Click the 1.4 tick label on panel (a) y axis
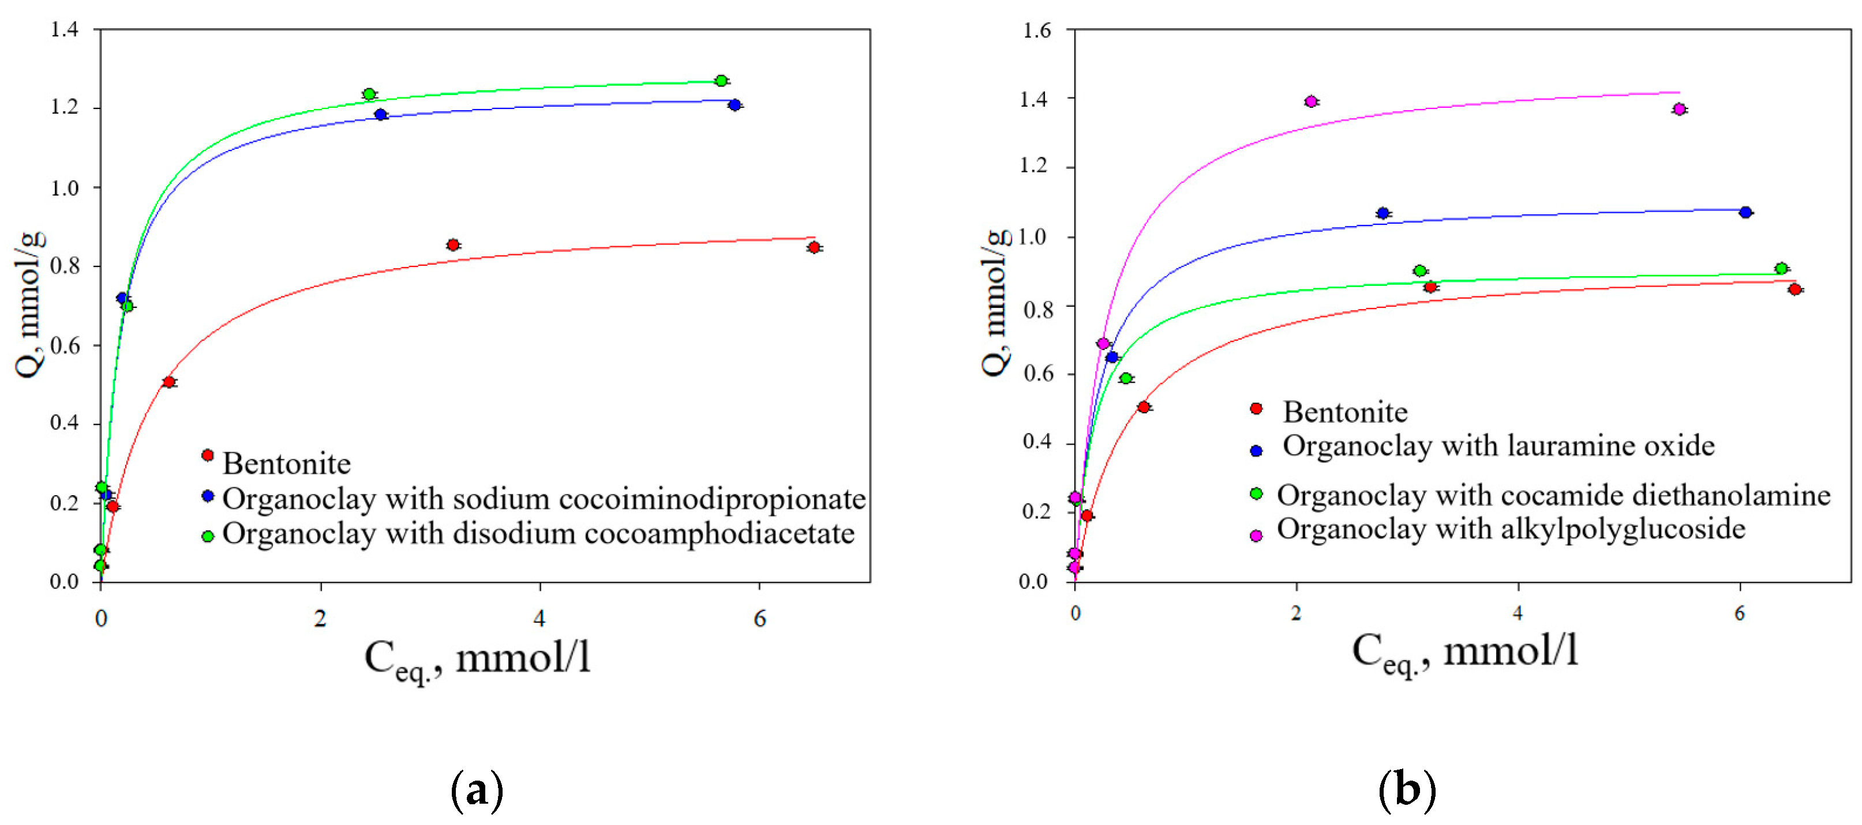click(63, 29)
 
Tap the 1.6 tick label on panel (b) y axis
click(1036, 31)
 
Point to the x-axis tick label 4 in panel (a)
click(540, 619)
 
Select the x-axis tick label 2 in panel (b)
click(1296, 613)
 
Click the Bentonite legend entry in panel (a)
click(286, 463)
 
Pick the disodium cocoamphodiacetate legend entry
click(538, 533)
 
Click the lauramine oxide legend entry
click(1498, 446)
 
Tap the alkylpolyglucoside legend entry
click(1511, 529)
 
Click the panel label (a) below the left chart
click(477, 791)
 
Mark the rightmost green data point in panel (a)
click(721, 81)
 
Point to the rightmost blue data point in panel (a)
click(735, 106)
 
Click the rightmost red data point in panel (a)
click(814, 248)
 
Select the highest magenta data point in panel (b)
click(1311, 101)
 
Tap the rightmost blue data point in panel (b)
click(1745, 212)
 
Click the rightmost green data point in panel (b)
click(1781, 269)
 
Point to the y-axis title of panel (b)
click(995, 303)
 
